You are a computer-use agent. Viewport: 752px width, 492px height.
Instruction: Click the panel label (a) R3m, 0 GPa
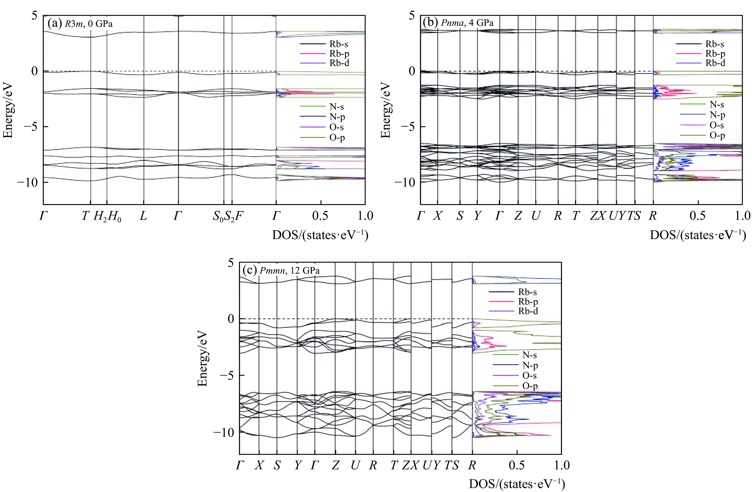click(80, 24)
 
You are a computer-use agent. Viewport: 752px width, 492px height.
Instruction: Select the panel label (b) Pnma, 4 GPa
click(458, 23)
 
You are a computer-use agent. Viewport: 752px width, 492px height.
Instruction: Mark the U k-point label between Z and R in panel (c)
click(355, 465)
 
